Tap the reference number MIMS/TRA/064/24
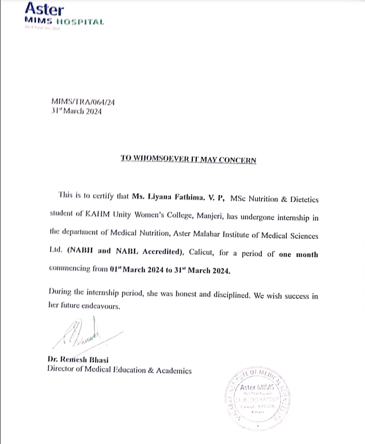(83, 103)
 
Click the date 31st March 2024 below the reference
(76, 112)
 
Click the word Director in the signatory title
(63, 370)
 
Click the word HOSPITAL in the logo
(81, 22)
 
